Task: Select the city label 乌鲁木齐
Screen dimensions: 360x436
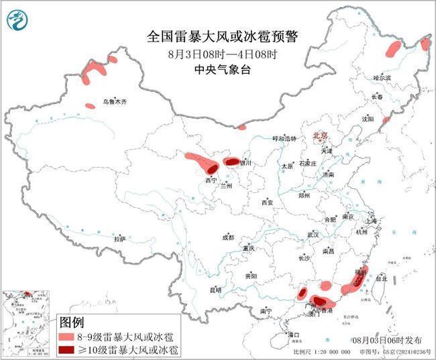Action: [114, 102]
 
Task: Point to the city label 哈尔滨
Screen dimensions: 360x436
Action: [382, 78]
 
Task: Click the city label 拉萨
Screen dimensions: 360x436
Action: [119, 239]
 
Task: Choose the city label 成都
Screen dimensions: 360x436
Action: [227, 237]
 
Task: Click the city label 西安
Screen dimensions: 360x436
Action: [268, 202]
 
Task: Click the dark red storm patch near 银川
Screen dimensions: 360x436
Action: [231, 162]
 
